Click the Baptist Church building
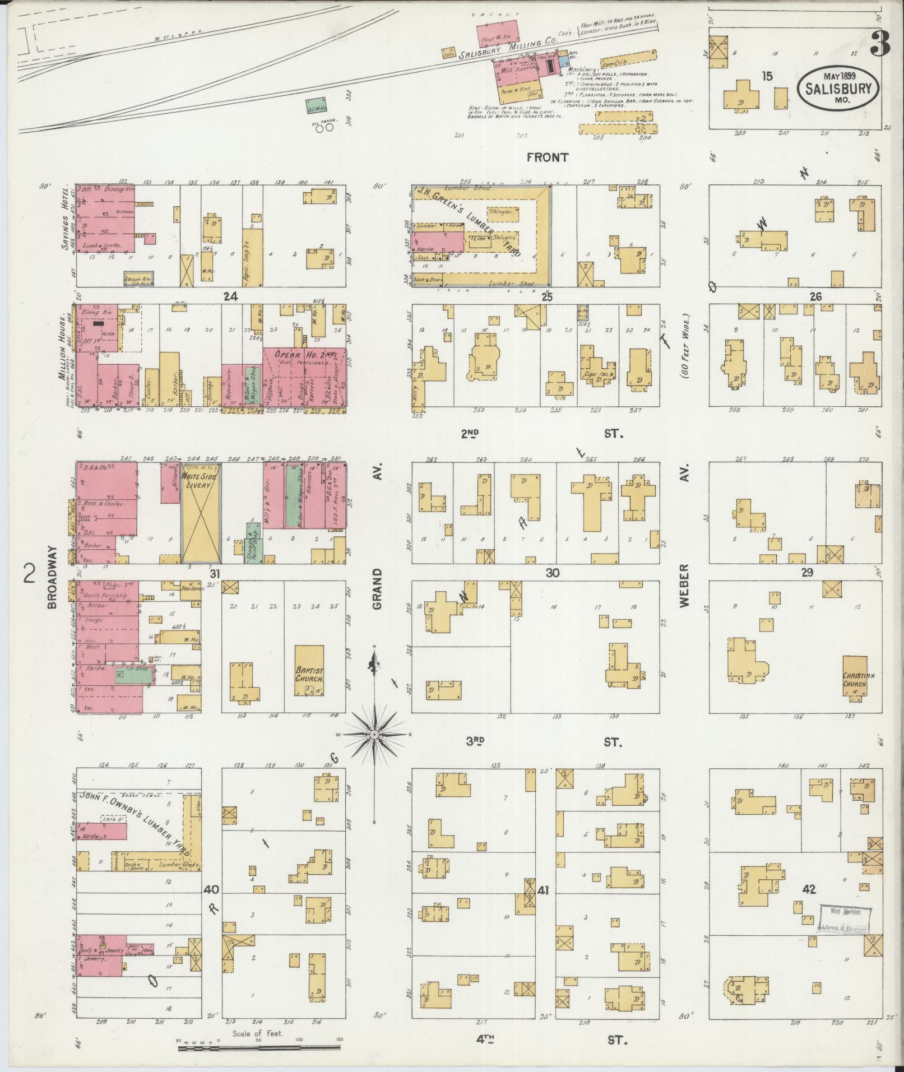click(309, 670)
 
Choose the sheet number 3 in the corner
click(880, 43)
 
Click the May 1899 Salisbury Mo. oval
click(838, 88)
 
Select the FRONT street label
click(548, 157)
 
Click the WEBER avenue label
click(684, 586)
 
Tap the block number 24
click(230, 297)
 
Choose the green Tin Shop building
click(134, 675)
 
